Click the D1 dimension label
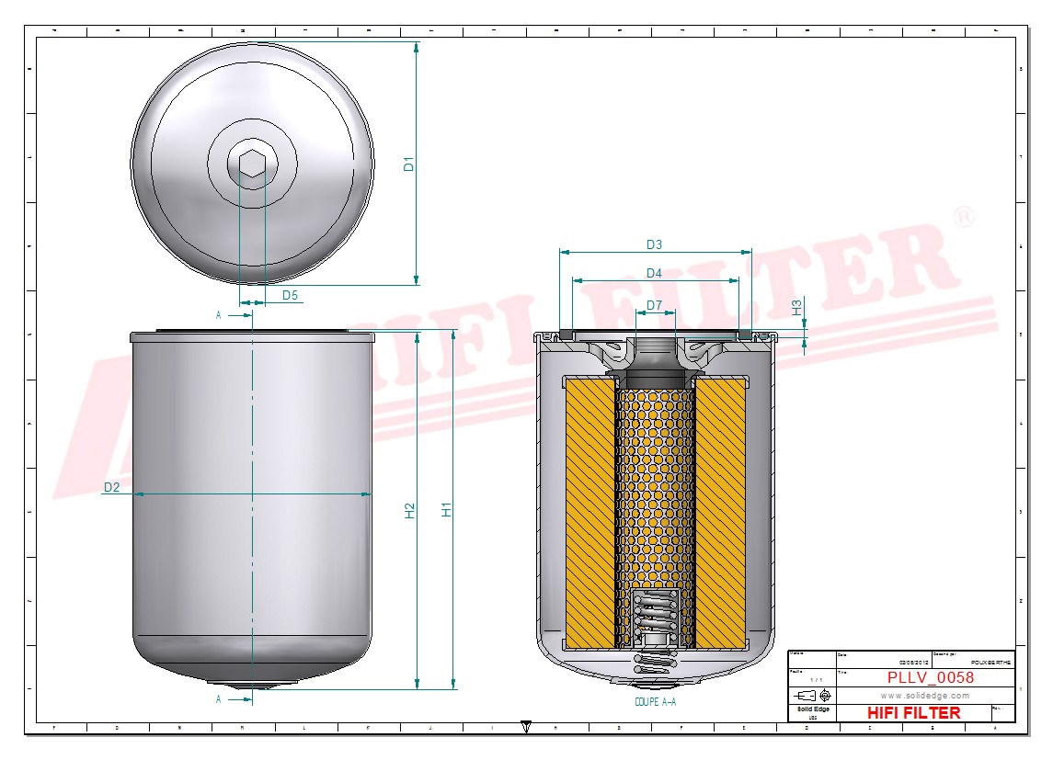pyautogui.click(x=410, y=164)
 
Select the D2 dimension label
pyautogui.click(x=111, y=487)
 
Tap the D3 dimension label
pyautogui.click(x=654, y=244)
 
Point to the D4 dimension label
pyautogui.click(x=654, y=273)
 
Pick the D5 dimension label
pyautogui.click(x=290, y=295)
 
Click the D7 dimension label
pyautogui.click(x=654, y=305)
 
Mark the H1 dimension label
pyautogui.click(x=447, y=509)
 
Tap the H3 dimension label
pyautogui.click(x=797, y=307)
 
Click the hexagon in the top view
pyautogui.click(x=252, y=164)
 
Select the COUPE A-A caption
pyautogui.click(x=655, y=701)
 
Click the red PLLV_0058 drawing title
pyautogui.click(x=930, y=678)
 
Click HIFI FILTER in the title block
pyautogui.click(x=913, y=713)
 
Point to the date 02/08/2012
pyautogui.click(x=914, y=662)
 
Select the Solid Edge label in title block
pyautogui.click(x=811, y=709)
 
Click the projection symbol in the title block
pyautogui.click(x=813, y=695)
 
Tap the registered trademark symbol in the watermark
pyautogui.click(x=963, y=218)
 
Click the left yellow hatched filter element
pyautogui.click(x=589, y=512)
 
